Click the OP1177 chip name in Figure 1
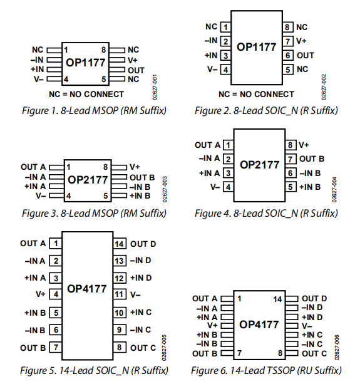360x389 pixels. pos(86,63)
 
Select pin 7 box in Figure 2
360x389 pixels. pos(288,41)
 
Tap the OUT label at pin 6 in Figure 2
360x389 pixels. pos(306,55)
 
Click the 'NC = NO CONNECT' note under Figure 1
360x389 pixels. pos(86,94)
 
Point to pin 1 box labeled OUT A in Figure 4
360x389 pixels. pos(229,145)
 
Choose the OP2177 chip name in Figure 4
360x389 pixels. pos(259,165)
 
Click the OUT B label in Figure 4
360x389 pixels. pos(311,159)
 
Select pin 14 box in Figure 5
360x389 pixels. pos(120,244)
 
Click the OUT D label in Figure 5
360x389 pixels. pos(143,244)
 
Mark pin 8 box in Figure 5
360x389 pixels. pos(120,347)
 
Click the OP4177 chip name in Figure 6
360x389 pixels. pos(259,325)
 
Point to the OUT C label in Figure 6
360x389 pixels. pos(314,353)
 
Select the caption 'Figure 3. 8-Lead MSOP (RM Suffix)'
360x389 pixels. pos(95,213)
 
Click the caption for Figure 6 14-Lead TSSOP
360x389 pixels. pos(267,370)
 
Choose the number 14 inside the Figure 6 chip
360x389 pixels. pos(277,299)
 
